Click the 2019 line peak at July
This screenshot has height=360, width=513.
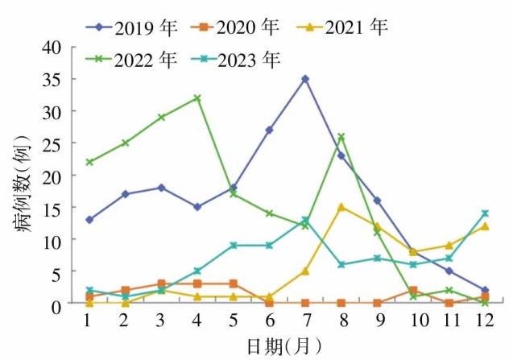coord(304,79)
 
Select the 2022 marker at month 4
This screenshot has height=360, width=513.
coord(197,98)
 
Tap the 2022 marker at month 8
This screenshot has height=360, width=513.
coord(341,137)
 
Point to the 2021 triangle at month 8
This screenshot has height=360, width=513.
coord(341,207)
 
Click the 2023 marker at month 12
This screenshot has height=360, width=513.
coord(485,213)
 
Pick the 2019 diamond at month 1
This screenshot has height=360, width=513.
coord(89,220)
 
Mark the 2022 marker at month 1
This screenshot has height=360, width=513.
coord(89,162)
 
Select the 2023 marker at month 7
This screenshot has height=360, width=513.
coord(304,220)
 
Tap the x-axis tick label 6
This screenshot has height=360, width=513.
coord(269,319)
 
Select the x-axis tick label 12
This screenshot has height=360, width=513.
coord(485,319)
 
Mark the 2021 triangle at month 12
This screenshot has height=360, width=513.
coord(485,226)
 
